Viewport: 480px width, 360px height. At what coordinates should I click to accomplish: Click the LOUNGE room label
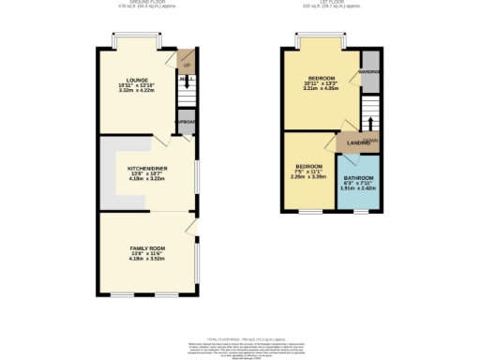click(137, 81)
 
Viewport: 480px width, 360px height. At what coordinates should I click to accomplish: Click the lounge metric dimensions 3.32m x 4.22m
click(137, 92)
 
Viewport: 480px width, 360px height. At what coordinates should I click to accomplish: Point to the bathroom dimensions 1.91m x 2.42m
click(357, 188)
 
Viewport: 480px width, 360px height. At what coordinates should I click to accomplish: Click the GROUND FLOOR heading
click(143, 3)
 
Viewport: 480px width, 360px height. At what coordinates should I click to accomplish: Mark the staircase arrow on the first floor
click(370, 124)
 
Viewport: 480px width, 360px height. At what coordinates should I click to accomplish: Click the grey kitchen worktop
click(112, 178)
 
